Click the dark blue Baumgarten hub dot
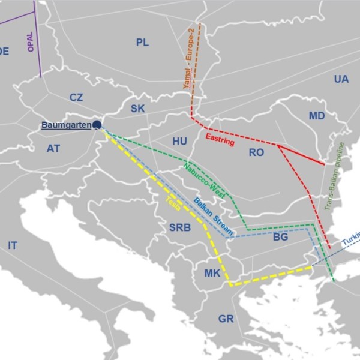coord(97,125)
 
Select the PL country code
coord(142,42)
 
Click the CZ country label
coord(76,97)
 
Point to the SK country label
coord(137,109)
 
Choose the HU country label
coord(179,141)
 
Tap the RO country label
coord(256,153)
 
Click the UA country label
coord(341,79)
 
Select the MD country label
coord(317,116)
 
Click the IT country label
coord(12,245)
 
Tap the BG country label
coord(281,237)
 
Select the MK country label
coord(212,274)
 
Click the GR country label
coord(226,319)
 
